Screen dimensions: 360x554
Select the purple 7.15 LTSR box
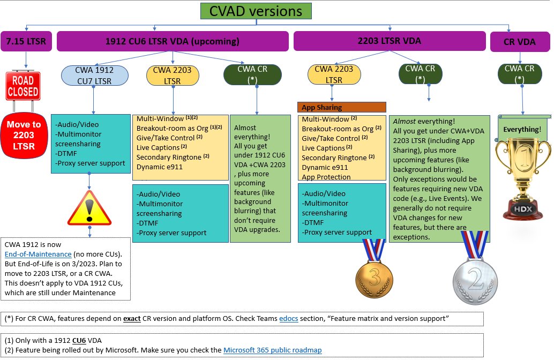(x=26, y=41)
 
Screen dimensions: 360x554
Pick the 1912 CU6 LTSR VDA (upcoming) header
(x=172, y=41)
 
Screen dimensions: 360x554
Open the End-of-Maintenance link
(x=38, y=254)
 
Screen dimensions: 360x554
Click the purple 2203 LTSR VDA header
(x=389, y=41)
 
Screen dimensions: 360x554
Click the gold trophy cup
(x=523, y=171)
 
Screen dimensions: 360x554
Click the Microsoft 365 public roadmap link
(x=272, y=350)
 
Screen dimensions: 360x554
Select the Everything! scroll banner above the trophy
(x=522, y=129)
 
